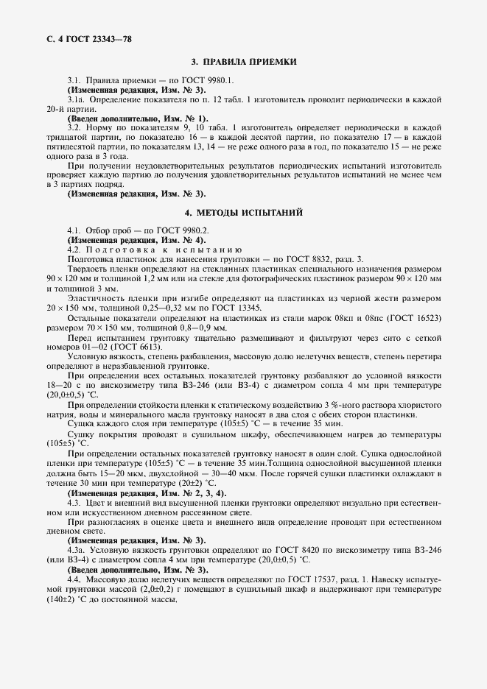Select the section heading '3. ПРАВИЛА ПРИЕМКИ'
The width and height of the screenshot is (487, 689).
pos(244,63)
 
